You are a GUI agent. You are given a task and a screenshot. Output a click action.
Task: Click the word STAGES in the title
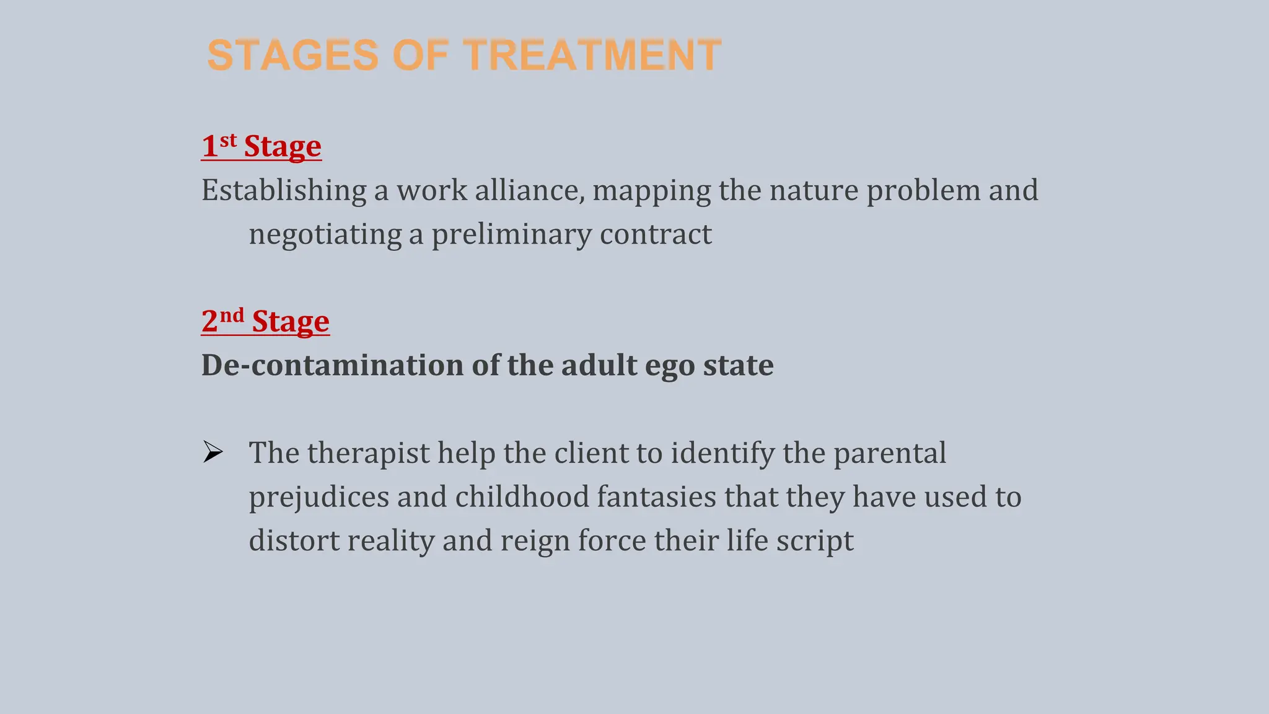pos(292,55)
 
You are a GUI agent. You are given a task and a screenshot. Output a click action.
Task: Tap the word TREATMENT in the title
pos(592,55)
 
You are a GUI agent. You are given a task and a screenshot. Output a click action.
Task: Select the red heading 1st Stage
pos(261,146)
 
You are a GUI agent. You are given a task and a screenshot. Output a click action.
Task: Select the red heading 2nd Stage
pos(265,321)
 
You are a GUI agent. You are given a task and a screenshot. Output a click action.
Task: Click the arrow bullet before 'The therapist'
pos(213,452)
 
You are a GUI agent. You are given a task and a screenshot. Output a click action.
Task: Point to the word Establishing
pos(283,190)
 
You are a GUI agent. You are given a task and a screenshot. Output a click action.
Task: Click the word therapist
pos(368,453)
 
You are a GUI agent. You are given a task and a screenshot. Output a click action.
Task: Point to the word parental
pos(889,453)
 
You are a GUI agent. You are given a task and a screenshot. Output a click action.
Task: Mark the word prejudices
pos(318,497)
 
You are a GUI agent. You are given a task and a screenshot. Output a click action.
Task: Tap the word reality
pos(390,540)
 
